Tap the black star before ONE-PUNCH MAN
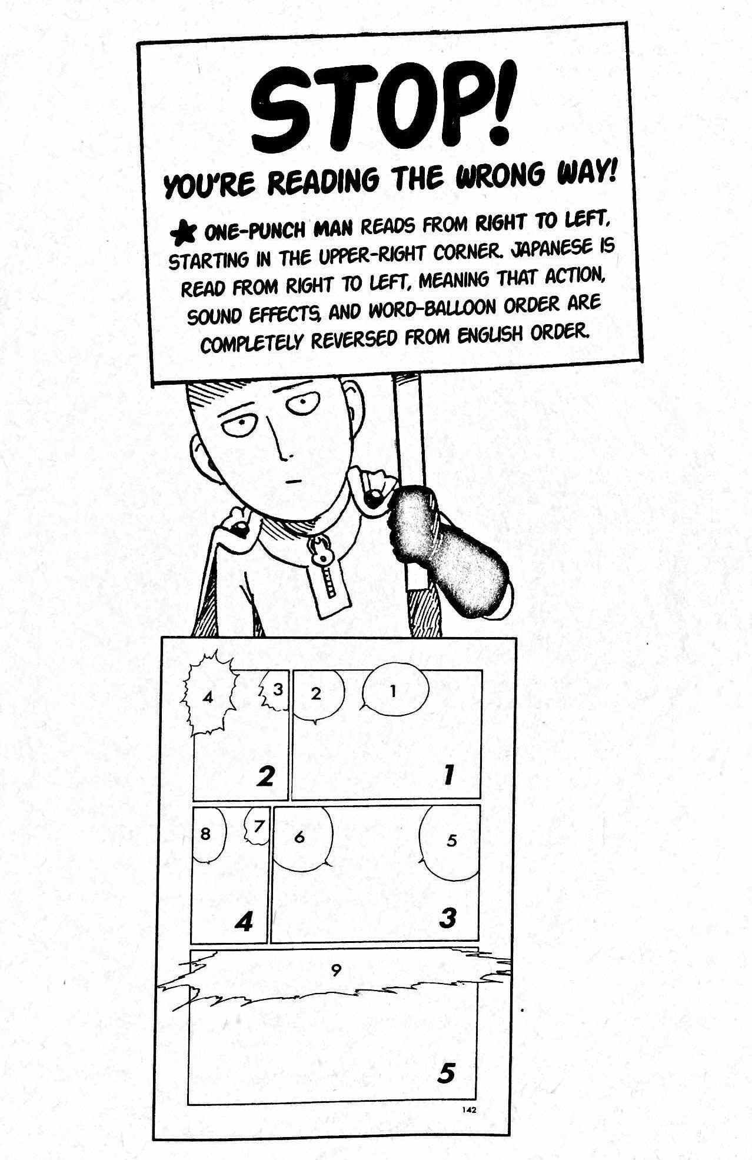coord(183,234)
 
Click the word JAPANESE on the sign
coord(555,250)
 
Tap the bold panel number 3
coord(448,917)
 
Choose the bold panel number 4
coord(244,921)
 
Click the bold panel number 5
coord(447,1074)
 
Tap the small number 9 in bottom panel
coord(336,970)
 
